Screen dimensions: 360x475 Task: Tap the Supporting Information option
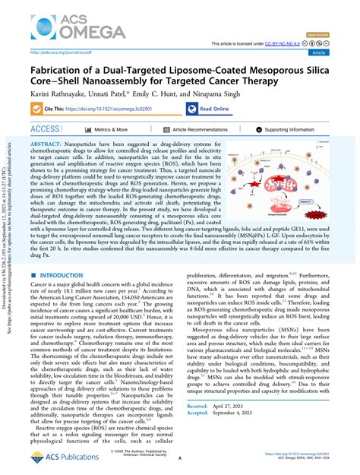297,130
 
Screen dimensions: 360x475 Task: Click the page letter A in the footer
179,459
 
